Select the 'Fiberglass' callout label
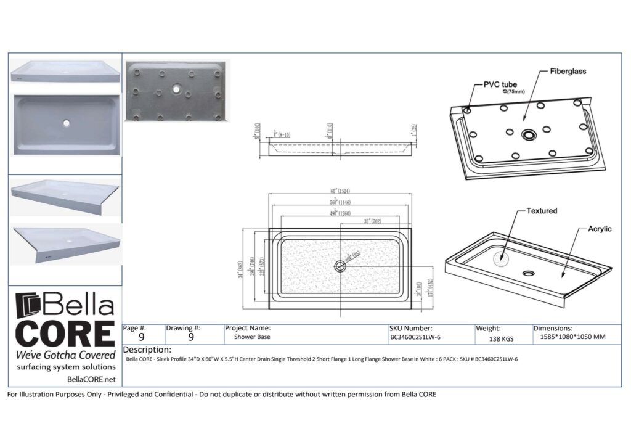point(568,72)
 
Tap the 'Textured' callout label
point(541,211)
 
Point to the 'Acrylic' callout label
point(599,229)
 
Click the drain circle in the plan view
point(340,266)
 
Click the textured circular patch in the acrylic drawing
point(504,258)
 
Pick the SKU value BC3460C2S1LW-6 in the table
point(415,338)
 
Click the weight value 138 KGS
point(501,339)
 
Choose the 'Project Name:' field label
point(248,329)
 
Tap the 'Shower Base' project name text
point(251,338)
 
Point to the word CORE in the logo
point(65,334)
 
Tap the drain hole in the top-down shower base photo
point(66,122)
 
